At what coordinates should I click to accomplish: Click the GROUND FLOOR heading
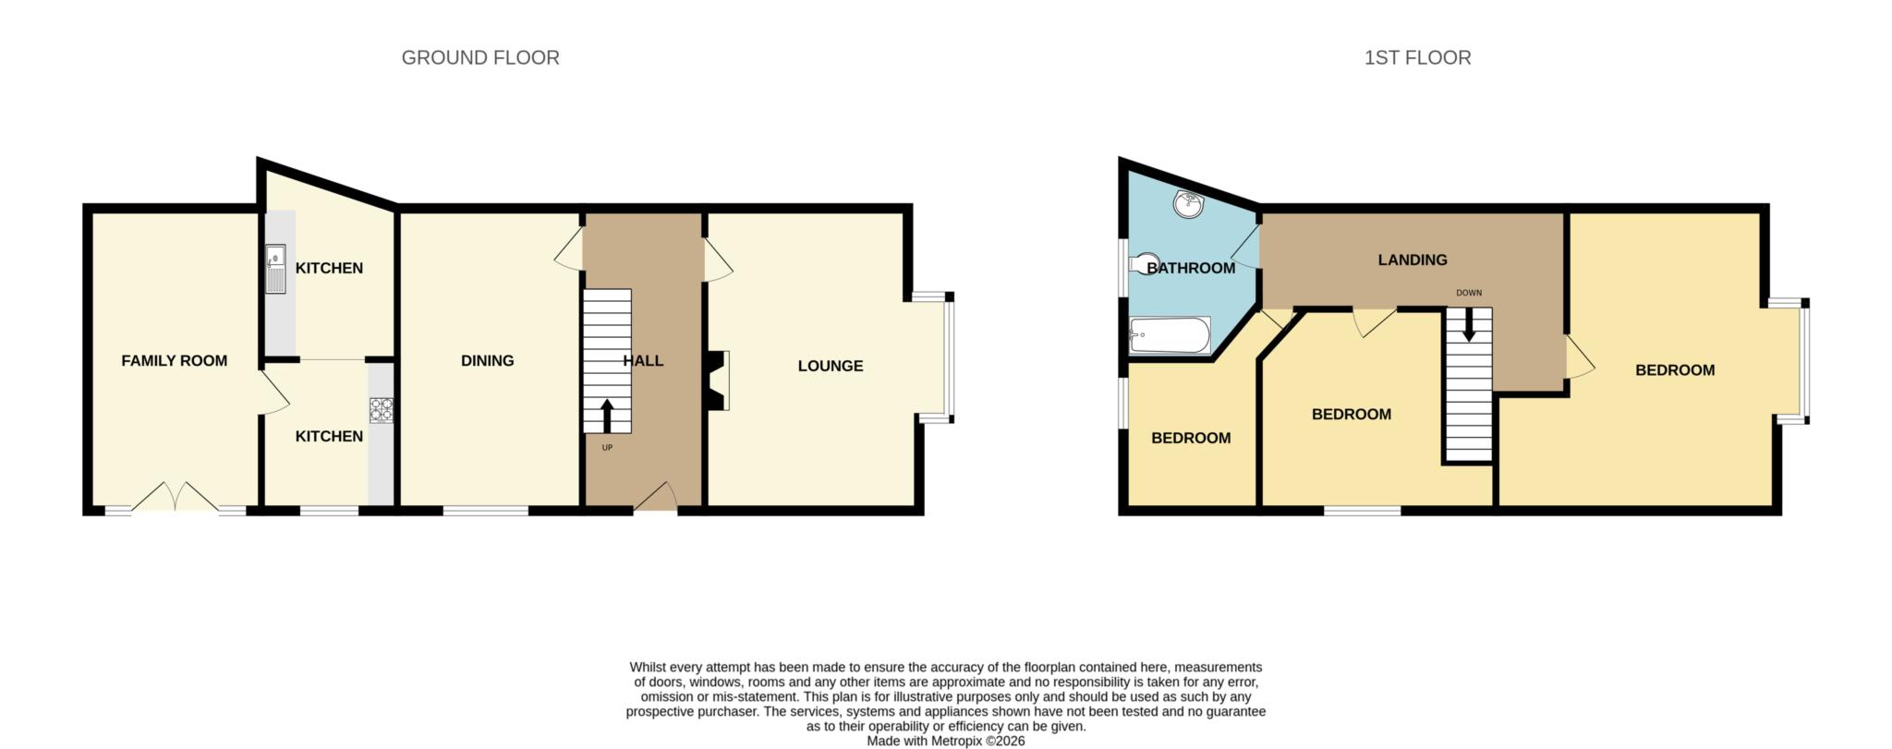click(x=479, y=57)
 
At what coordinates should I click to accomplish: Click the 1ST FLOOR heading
click(x=1417, y=57)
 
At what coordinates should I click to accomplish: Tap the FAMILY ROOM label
click(x=174, y=360)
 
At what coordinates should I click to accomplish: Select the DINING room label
click(x=487, y=360)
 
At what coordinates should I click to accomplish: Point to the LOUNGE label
click(x=830, y=366)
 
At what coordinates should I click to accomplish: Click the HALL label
click(x=643, y=360)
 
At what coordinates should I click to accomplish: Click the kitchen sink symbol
click(x=275, y=268)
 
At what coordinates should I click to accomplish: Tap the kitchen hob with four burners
click(x=381, y=409)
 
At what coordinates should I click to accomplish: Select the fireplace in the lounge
click(x=718, y=380)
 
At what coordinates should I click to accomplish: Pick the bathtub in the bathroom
click(x=1169, y=335)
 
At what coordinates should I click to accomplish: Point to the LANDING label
click(x=1412, y=260)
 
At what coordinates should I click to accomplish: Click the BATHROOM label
click(x=1190, y=268)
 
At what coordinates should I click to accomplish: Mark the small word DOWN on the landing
click(x=1468, y=293)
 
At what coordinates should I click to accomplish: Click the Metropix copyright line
click(x=945, y=741)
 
